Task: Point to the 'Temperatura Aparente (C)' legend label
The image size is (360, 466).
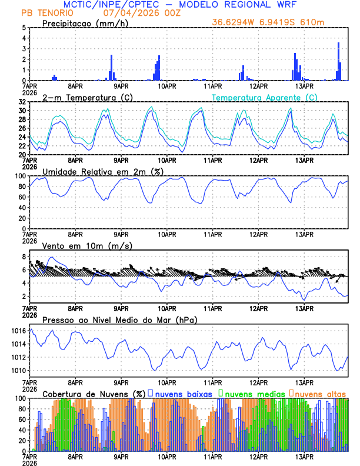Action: pos(264,97)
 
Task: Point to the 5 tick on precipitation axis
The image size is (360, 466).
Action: pos(24,28)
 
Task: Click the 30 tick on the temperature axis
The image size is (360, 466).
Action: pos(22,111)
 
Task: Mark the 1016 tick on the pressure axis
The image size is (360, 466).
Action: pos(18,331)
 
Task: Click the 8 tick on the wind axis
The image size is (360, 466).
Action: pos(24,257)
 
